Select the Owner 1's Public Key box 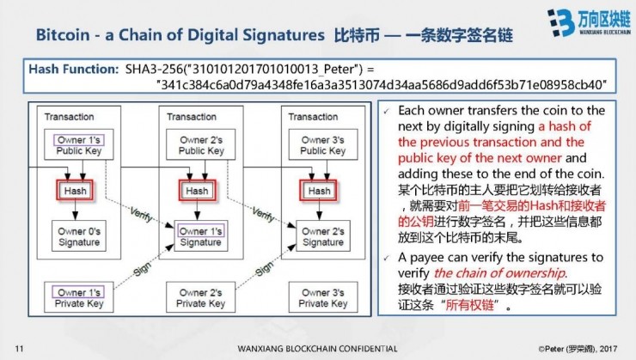(x=79, y=145)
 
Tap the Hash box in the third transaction (x=319, y=190)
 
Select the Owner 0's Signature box (x=79, y=236)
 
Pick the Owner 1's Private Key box (x=79, y=297)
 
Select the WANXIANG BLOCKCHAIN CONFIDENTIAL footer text (x=317, y=348)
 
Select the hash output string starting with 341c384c (x=382, y=84)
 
